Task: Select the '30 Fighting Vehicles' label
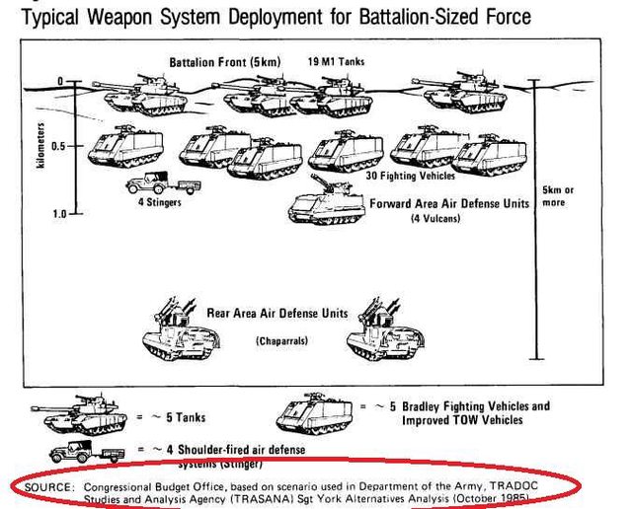pos(410,176)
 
